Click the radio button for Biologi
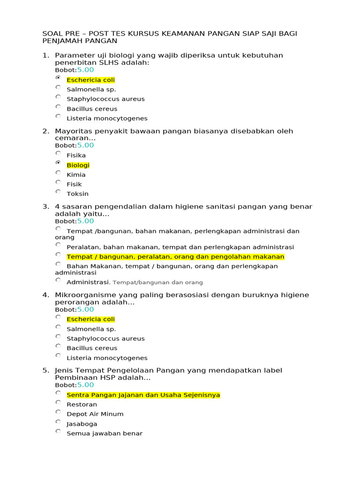[58, 163]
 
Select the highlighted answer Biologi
[78, 165]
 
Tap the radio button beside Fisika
[58, 153]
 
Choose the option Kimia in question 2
[76, 174]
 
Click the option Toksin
[77, 194]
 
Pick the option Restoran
[82, 404]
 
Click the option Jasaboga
[82, 424]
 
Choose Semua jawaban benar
[104, 433]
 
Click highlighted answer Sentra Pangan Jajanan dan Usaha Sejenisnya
[143, 395]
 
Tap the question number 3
[45, 206]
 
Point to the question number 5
[45, 370]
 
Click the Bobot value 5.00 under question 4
[85, 309]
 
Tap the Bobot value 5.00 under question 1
[85, 70]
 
